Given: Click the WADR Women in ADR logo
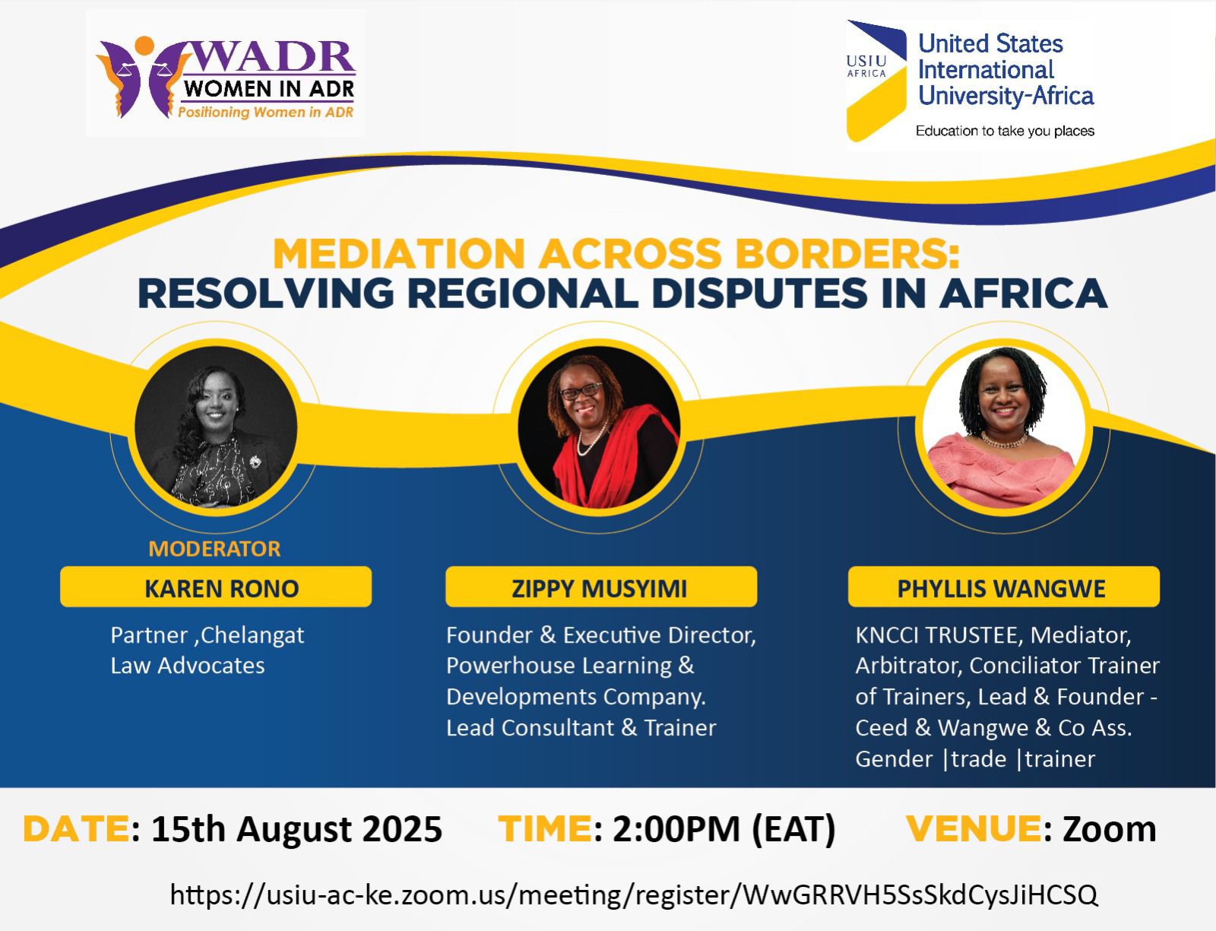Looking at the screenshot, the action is pyautogui.click(x=226, y=77).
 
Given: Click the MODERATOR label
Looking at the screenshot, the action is pyautogui.click(x=214, y=548).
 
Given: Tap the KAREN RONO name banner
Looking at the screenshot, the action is pyautogui.click(x=216, y=586).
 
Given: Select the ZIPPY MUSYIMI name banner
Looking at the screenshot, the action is pyautogui.click(x=601, y=586).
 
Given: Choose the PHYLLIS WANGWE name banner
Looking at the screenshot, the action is pyautogui.click(x=1003, y=586).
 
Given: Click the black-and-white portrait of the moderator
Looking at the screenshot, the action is pyautogui.click(x=216, y=427).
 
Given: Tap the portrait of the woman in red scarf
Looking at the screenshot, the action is pyautogui.click(x=599, y=427).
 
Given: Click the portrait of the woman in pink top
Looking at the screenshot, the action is pyautogui.click(x=1003, y=427).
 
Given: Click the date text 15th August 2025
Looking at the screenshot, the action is pyautogui.click(x=297, y=830).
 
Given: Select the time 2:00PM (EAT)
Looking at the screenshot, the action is pyautogui.click(x=724, y=830).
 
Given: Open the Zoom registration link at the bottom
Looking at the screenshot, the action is pyautogui.click(x=634, y=894).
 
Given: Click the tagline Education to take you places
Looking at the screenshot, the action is pyautogui.click(x=1005, y=131).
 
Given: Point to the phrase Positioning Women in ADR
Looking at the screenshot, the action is pyautogui.click(x=265, y=113).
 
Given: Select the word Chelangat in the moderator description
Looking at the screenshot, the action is pyautogui.click(x=252, y=636).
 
